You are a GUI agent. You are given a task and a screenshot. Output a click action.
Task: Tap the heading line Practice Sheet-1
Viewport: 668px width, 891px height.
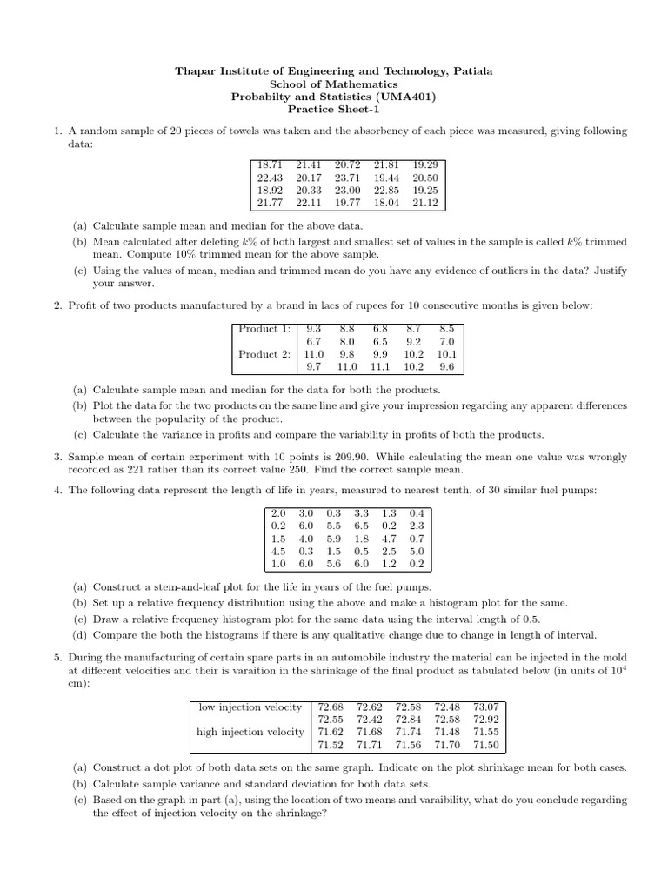[x=335, y=110]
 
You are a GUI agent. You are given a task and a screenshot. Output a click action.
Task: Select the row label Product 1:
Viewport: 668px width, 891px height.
[x=264, y=328]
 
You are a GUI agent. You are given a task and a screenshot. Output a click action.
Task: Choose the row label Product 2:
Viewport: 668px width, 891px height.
[x=264, y=354]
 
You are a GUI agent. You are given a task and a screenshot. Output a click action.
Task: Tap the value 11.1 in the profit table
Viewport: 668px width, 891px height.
[x=378, y=368]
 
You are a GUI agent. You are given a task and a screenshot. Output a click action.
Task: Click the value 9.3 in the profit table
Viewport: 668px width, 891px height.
[x=313, y=328]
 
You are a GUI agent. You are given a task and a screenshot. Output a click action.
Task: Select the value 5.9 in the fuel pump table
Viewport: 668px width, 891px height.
[x=333, y=539]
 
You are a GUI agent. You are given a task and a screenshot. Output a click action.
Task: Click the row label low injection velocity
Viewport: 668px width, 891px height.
[x=250, y=707]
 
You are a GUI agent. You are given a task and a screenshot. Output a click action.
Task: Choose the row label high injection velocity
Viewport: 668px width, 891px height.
[x=250, y=733]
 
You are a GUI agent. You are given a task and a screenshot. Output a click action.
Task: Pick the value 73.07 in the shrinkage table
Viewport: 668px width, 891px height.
[x=486, y=707]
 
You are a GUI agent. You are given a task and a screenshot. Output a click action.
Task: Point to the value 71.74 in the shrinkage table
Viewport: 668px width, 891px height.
[x=408, y=733]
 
